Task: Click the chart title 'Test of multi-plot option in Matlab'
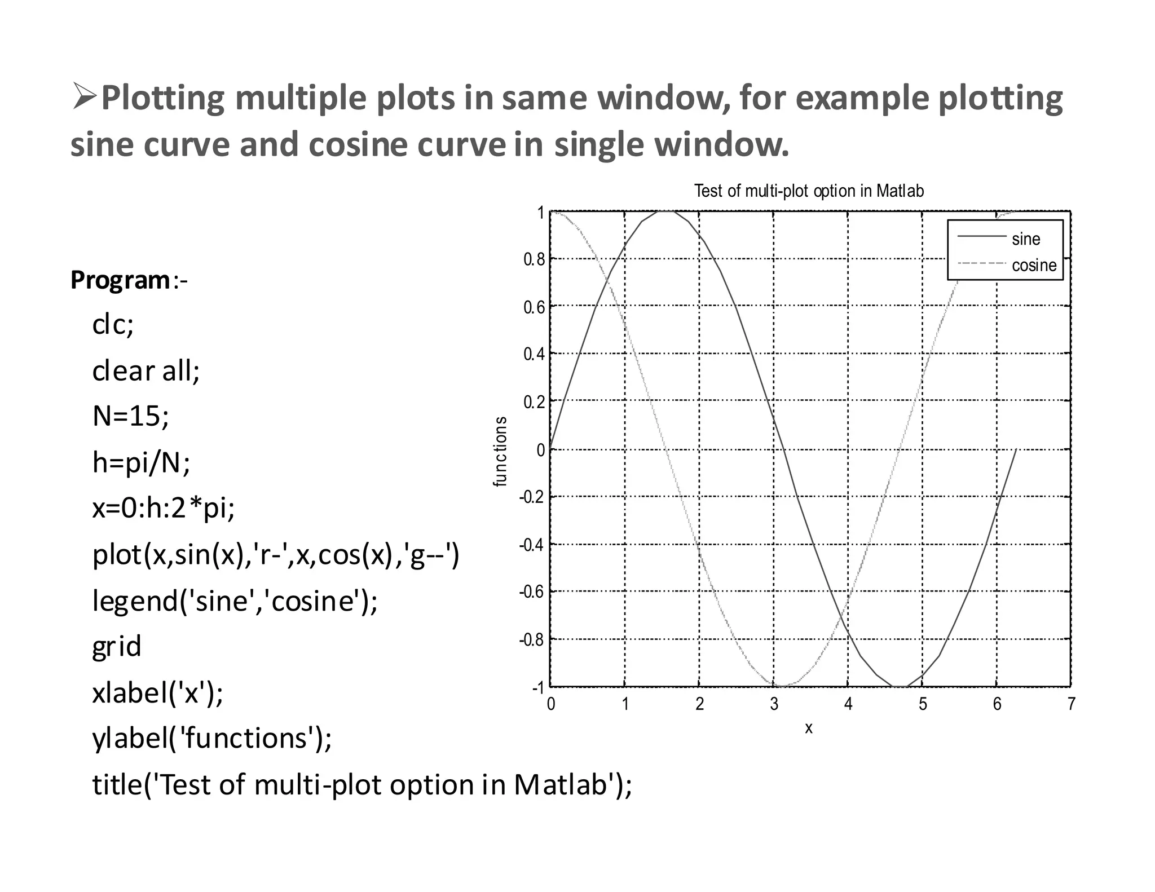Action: coord(809,191)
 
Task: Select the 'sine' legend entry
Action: coord(1025,239)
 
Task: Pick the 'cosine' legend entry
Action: coord(1033,265)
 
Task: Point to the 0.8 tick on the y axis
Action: coord(534,259)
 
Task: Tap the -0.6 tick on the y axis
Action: coord(532,592)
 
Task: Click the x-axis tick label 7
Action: coord(1071,704)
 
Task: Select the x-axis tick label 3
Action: coord(774,704)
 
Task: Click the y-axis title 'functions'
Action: coord(500,451)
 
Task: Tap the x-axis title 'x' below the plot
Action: coord(809,728)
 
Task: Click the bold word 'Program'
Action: coord(120,280)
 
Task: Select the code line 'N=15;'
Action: coord(130,416)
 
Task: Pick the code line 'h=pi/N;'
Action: coord(141,462)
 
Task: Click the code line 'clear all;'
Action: coord(146,371)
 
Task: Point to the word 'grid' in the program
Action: coord(117,646)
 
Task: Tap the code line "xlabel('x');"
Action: coord(158,692)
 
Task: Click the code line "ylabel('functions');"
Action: coord(212,738)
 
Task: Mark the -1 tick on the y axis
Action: coord(537,688)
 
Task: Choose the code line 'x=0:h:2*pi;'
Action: coord(164,509)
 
